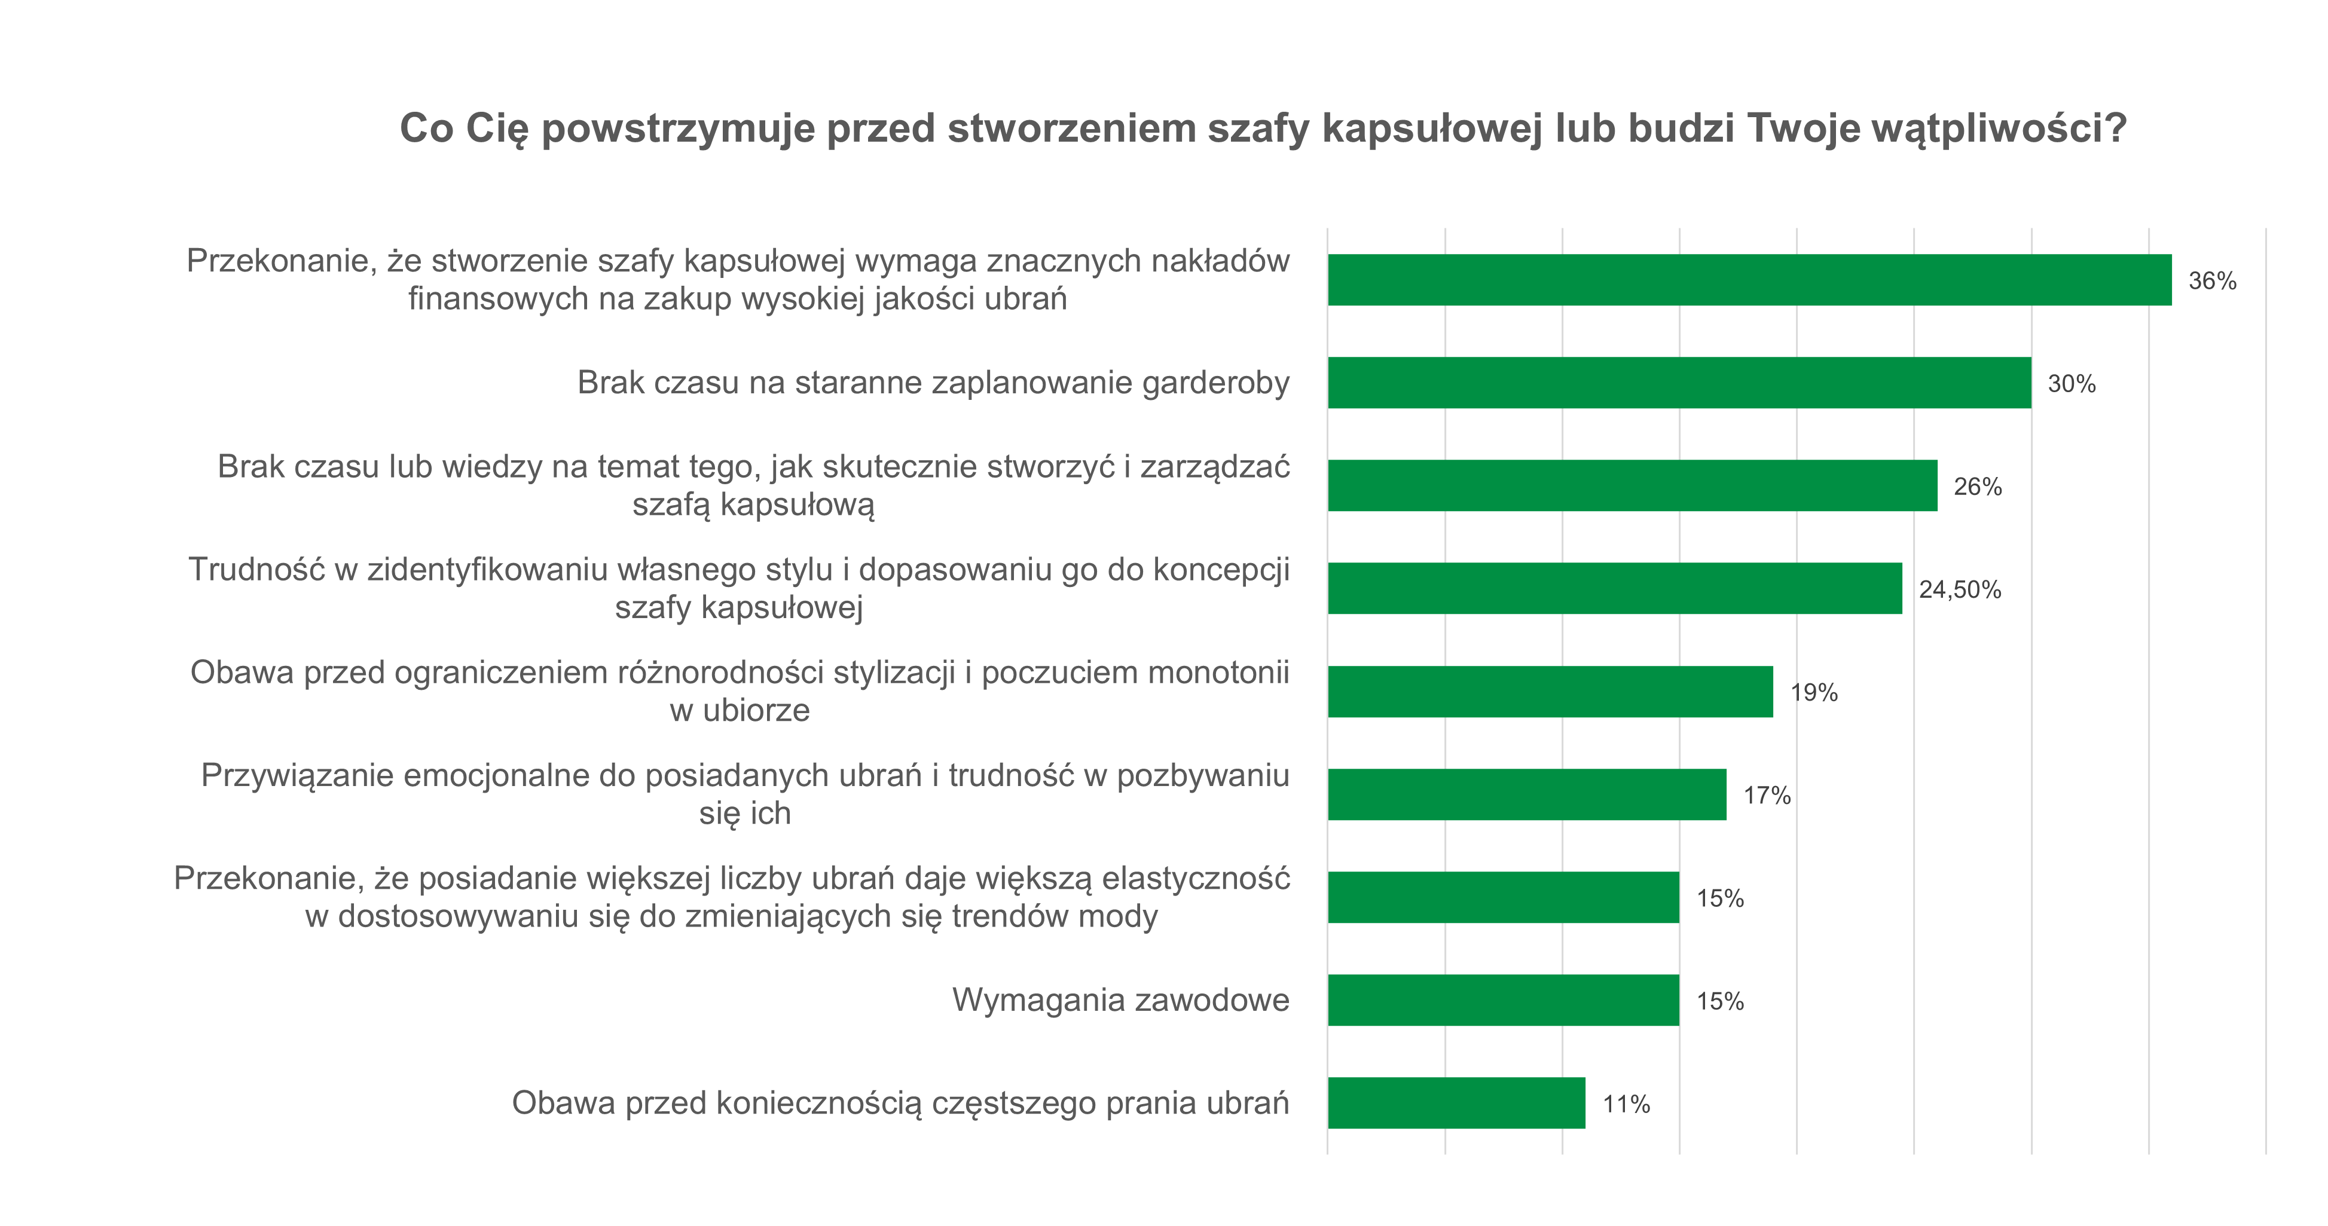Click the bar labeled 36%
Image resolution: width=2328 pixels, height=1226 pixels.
(1749, 280)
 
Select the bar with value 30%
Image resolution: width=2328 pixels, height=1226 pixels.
(1679, 383)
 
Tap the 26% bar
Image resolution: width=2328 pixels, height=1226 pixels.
(1632, 486)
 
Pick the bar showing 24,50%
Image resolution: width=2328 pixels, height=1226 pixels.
(1615, 589)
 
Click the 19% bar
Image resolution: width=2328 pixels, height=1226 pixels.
(1550, 692)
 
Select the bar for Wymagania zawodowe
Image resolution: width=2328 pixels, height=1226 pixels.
(1503, 1000)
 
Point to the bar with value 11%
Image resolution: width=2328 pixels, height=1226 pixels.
(1456, 1103)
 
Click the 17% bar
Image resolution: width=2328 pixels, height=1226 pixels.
(1526, 795)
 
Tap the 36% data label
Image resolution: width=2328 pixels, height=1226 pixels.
(2211, 281)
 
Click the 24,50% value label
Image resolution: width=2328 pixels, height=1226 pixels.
(1959, 590)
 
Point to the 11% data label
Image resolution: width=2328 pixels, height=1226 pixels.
(1626, 1104)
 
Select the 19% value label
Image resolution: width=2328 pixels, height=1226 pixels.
(1814, 693)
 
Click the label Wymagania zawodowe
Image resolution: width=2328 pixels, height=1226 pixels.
(1120, 1000)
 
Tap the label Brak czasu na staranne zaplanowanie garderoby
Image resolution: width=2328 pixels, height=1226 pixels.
(934, 383)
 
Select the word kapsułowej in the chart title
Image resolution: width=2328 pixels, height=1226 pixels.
(1431, 129)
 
